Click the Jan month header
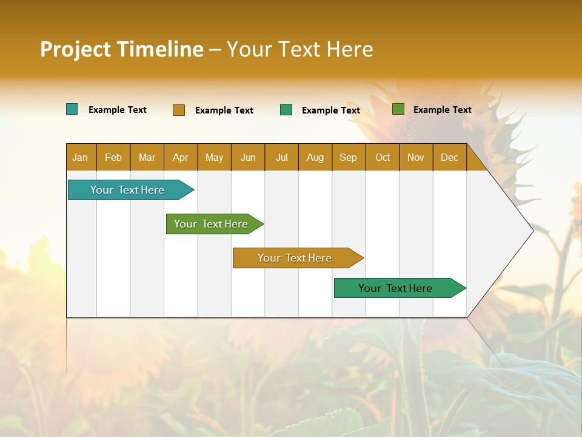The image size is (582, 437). (x=81, y=157)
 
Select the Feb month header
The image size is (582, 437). (x=113, y=157)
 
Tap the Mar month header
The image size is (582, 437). (x=147, y=157)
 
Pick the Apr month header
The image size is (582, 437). (x=181, y=157)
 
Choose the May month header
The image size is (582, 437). (x=214, y=157)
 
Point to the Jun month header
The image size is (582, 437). (x=248, y=157)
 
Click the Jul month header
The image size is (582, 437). (x=281, y=157)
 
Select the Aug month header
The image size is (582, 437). (x=315, y=157)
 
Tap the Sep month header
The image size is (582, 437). (x=349, y=157)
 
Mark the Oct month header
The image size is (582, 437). (x=383, y=157)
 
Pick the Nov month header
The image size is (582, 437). (x=416, y=157)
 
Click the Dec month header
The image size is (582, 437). (x=450, y=157)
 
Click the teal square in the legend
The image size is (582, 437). (x=72, y=109)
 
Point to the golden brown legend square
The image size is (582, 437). (x=179, y=110)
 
